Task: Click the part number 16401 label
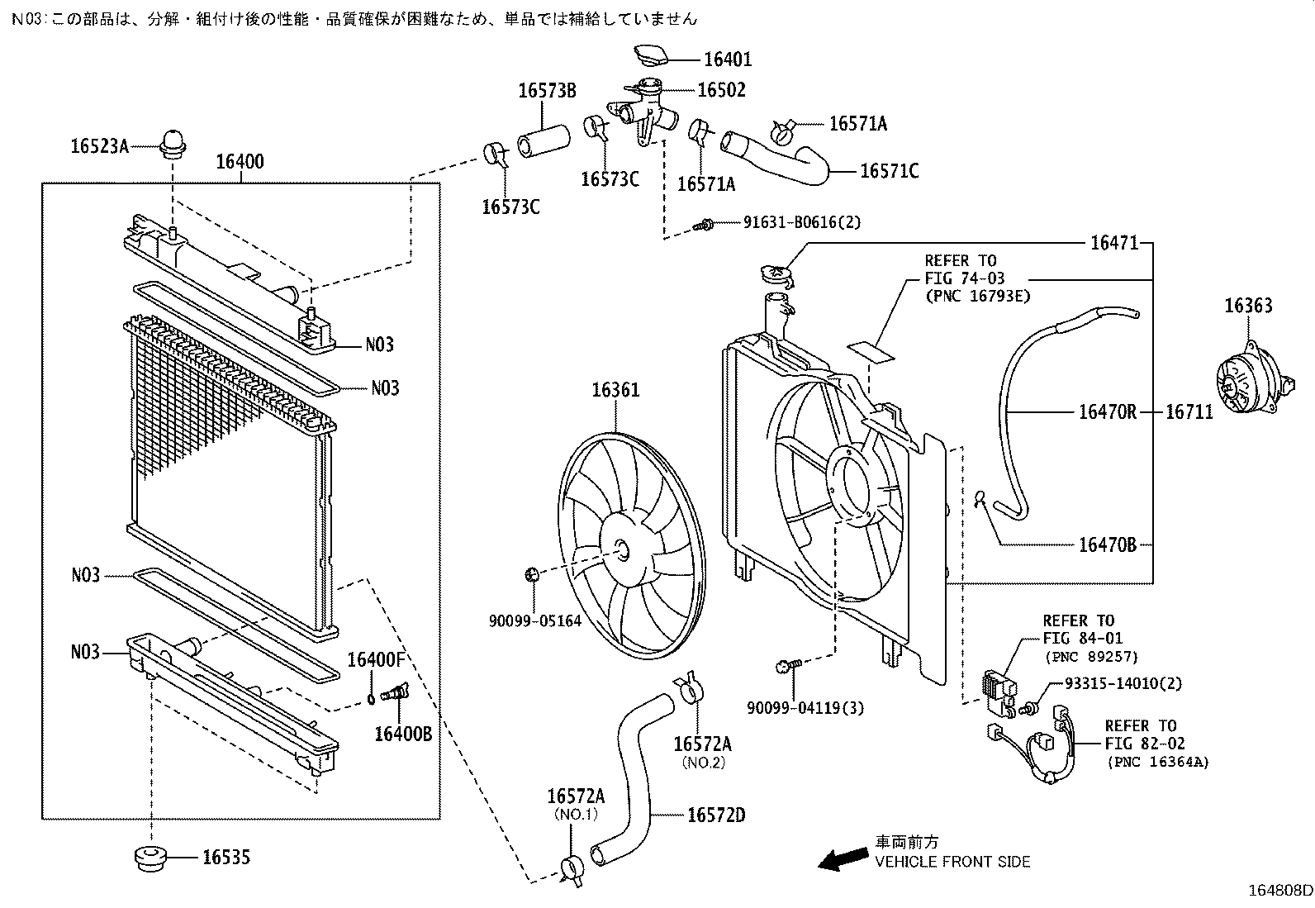pyautogui.click(x=728, y=59)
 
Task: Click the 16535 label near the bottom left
pyautogui.click(x=226, y=858)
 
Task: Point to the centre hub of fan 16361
pyautogui.click(x=621, y=551)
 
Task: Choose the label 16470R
pyautogui.click(x=1107, y=411)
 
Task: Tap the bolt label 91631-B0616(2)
pyautogui.click(x=790, y=222)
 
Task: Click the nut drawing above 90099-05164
pyautogui.click(x=533, y=573)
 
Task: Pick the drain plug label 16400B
pyautogui.click(x=403, y=733)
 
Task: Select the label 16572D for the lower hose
pyautogui.click(x=716, y=815)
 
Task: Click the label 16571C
pyautogui.click(x=889, y=171)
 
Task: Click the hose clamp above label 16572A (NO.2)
pyautogui.click(x=690, y=691)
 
